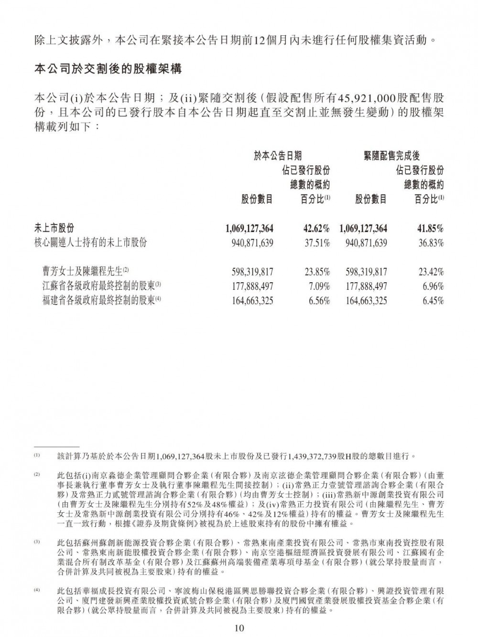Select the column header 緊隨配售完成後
[x=391, y=155]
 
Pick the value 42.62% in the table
[x=317, y=228]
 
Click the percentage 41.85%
[x=430, y=228]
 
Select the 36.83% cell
[x=430, y=243]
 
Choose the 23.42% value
[x=430, y=272]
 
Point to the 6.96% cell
[x=433, y=287]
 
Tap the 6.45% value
[x=433, y=301]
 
